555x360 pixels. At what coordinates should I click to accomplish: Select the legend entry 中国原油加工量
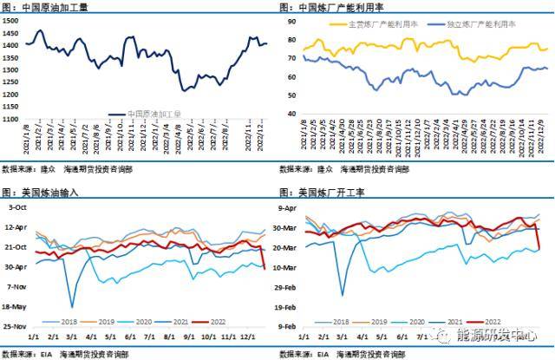tap(155, 113)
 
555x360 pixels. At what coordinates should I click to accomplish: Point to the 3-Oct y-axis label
tap(16, 207)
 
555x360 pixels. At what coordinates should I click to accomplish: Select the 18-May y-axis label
tap(15, 306)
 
